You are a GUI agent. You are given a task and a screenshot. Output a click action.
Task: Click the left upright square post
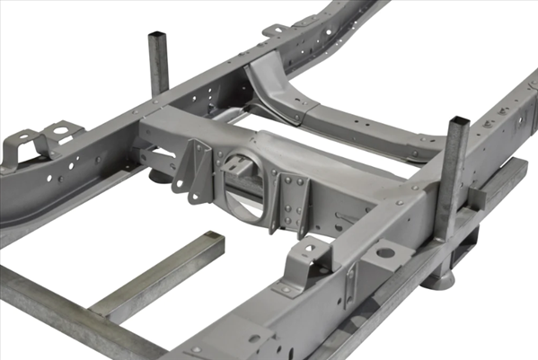(159, 63)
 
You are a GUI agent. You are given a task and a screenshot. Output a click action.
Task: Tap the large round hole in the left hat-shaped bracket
(60, 132)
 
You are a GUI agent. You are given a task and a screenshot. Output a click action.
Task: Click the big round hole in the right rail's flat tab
(384, 253)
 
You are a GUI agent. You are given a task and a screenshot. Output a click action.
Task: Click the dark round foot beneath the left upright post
(159, 174)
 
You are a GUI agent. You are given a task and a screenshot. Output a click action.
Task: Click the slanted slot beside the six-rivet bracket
(346, 220)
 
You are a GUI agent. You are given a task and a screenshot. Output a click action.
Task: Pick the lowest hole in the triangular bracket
(190, 189)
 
